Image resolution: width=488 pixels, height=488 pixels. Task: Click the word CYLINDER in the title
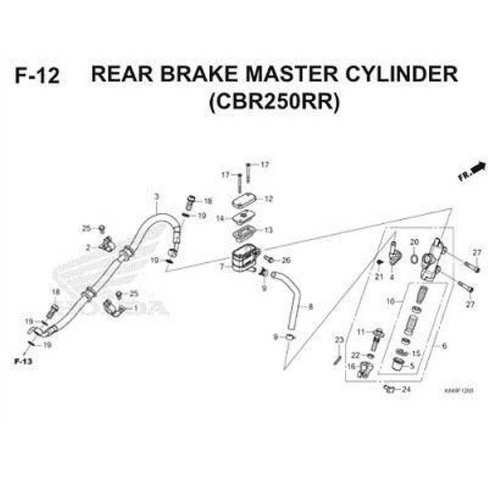401,74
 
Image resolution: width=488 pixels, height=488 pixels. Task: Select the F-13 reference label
23,360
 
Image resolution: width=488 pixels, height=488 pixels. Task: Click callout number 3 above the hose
156,197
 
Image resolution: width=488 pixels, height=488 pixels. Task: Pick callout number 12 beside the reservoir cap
268,199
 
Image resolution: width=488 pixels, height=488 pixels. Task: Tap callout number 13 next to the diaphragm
268,230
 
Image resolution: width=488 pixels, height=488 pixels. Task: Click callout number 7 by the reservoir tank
222,267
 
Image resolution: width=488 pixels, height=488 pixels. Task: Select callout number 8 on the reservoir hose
310,306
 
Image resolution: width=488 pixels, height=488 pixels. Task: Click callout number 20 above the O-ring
413,243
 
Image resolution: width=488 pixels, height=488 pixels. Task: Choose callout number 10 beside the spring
390,301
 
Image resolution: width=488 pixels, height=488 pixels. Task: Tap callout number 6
444,346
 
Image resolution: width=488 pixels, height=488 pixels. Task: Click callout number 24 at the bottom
406,390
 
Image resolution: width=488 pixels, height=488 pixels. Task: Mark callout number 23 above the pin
338,340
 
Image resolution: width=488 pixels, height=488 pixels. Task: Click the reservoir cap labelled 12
245,199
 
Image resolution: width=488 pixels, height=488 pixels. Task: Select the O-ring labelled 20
414,260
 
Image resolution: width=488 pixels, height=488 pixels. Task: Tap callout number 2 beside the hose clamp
88,247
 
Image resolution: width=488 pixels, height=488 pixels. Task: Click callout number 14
220,218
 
